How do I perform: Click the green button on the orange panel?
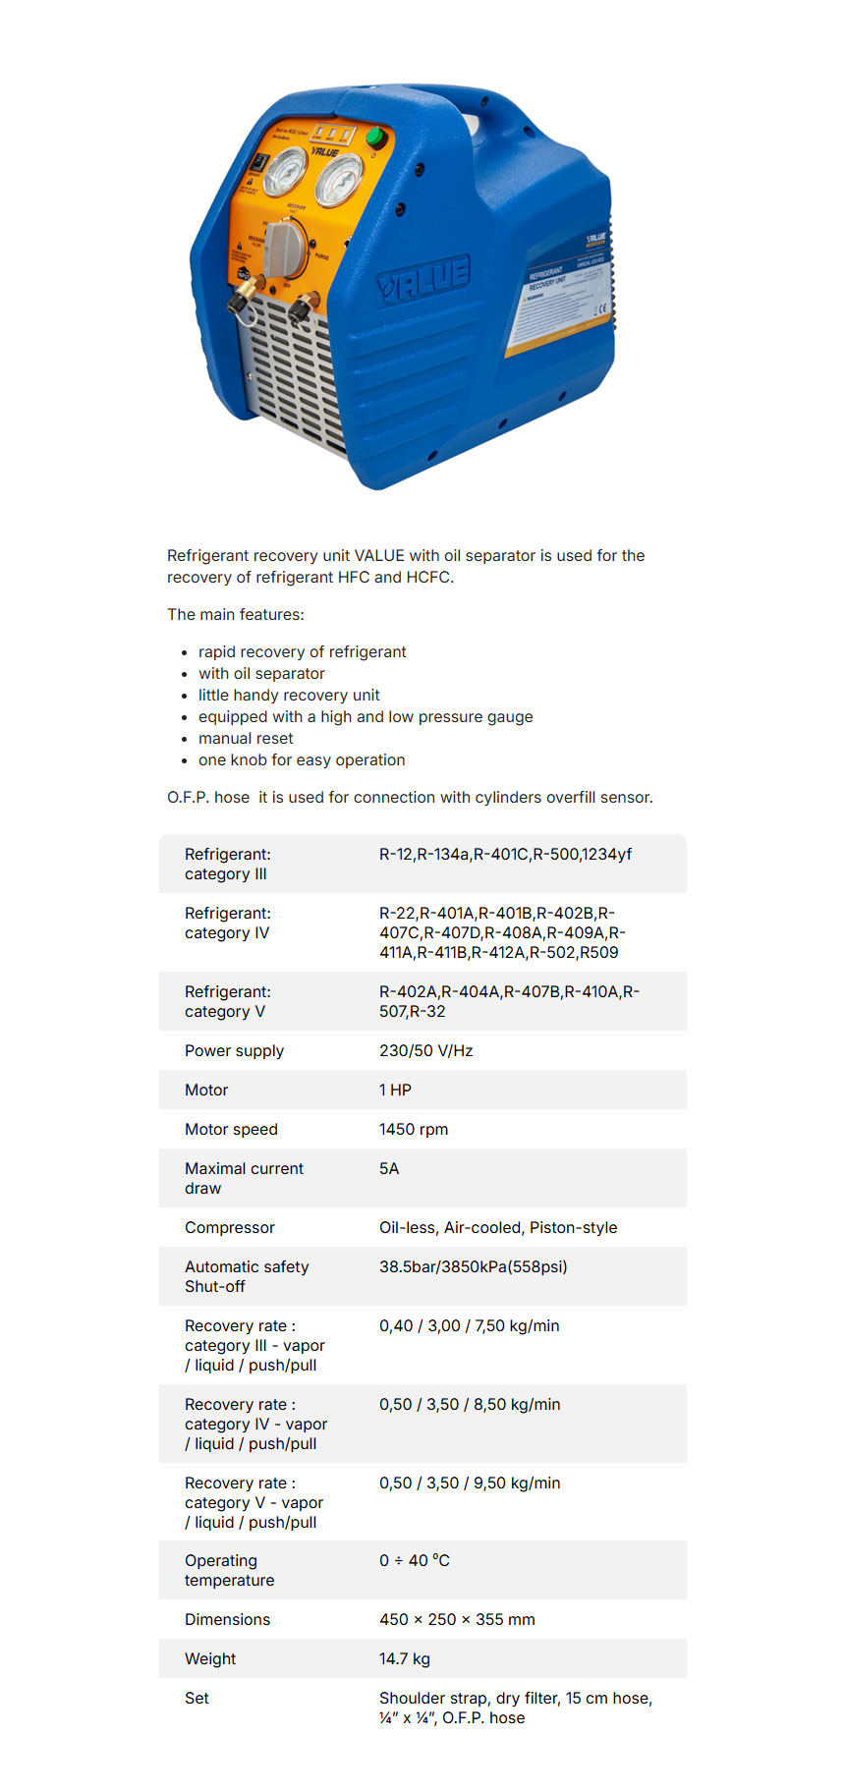pyautogui.click(x=374, y=138)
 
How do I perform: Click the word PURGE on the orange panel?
pyautogui.click(x=321, y=256)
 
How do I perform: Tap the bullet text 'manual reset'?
pyautogui.click(x=246, y=738)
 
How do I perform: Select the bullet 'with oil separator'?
pyautogui.click(x=261, y=673)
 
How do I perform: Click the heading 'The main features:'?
pyautogui.click(x=236, y=614)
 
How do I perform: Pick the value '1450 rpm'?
pyautogui.click(x=414, y=1129)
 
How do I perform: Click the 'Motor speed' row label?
pyautogui.click(x=231, y=1129)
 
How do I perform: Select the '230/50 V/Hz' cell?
pyautogui.click(x=425, y=1050)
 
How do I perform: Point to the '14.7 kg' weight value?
pyautogui.click(x=405, y=1658)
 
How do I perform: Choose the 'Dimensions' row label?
pyautogui.click(x=227, y=1619)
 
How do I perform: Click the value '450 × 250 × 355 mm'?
pyautogui.click(x=457, y=1619)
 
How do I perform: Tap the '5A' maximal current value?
pyautogui.click(x=389, y=1168)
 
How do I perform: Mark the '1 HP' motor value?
pyautogui.click(x=395, y=1090)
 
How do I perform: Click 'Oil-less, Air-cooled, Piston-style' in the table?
pyautogui.click(x=498, y=1227)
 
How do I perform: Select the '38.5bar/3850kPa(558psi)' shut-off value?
pyautogui.click(x=473, y=1266)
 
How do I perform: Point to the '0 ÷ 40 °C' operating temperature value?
pyautogui.click(x=414, y=1560)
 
